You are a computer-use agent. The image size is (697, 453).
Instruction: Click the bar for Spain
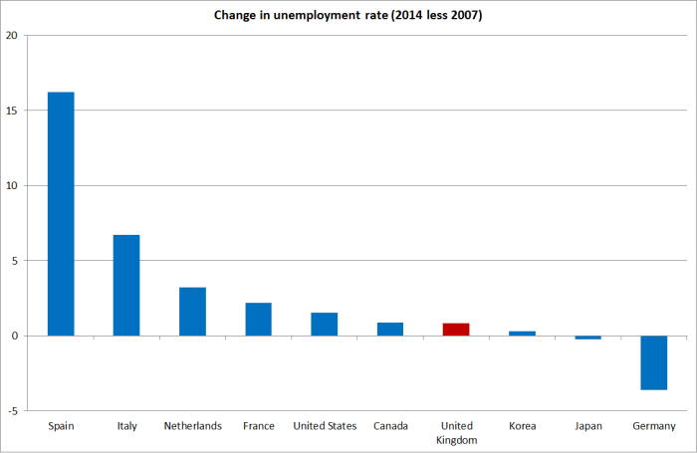[61, 214]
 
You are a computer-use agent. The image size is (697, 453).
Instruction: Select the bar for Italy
[126, 286]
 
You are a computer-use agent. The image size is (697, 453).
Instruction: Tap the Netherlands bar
[192, 312]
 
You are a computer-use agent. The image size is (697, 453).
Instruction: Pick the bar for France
[259, 320]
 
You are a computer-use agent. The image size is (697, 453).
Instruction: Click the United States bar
[325, 325]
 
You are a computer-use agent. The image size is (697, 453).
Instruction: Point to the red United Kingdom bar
[456, 330]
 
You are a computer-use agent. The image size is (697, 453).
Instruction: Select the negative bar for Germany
[654, 362]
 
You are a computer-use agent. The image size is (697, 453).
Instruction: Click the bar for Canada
[390, 330]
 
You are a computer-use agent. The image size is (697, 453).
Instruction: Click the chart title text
[348, 16]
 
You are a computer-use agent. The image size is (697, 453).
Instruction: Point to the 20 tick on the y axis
[12, 36]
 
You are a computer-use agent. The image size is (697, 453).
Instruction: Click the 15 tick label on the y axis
[12, 111]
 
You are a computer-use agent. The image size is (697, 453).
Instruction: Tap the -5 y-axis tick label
[12, 410]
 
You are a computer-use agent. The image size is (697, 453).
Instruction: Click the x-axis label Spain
[61, 426]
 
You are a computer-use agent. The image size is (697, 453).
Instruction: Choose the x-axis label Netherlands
[192, 426]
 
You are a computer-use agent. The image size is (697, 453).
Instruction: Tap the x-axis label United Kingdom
[456, 432]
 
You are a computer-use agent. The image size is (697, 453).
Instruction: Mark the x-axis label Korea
[522, 426]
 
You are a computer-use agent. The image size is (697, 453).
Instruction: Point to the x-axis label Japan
[587, 426]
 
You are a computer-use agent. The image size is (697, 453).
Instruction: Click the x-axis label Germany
[654, 426]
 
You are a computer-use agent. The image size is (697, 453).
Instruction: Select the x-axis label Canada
[390, 426]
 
